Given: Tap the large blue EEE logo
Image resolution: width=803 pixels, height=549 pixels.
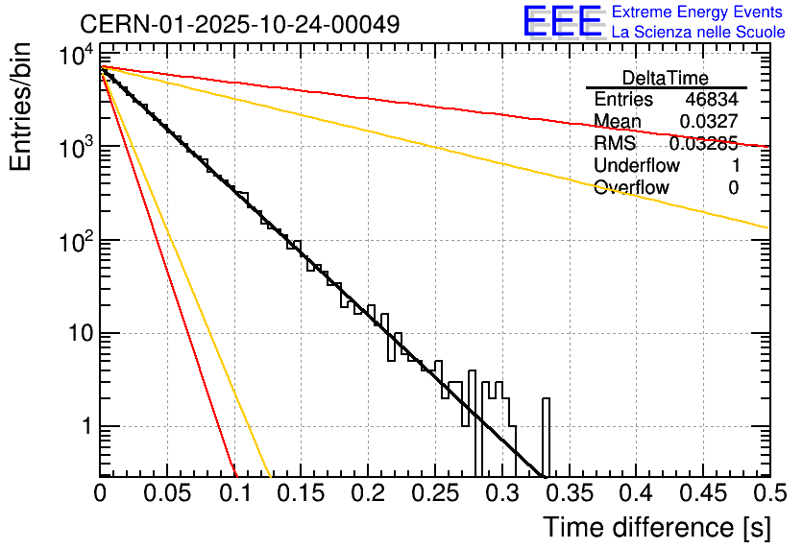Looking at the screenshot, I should (562, 22).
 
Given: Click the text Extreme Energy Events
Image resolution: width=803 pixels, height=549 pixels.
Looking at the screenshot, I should (698, 12).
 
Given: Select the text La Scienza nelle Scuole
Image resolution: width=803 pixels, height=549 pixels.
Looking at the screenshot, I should (698, 33).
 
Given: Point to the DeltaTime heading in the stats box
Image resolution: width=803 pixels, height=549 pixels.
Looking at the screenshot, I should (666, 77).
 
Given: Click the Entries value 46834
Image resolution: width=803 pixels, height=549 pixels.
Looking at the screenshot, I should (712, 100).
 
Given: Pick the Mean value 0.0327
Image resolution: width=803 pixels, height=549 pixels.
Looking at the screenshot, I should (709, 122).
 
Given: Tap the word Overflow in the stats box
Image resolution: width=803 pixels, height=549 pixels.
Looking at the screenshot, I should (631, 188).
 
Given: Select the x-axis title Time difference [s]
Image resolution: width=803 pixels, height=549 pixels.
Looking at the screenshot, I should (655, 527).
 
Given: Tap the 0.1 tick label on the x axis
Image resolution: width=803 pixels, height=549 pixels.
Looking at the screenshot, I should (234, 493).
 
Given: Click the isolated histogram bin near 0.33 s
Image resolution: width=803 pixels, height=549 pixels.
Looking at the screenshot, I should (546, 437).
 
